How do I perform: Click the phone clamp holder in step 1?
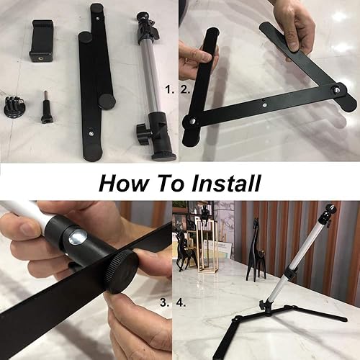point(42,40)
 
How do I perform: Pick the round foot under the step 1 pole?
point(163,153)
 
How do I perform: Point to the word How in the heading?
point(123,183)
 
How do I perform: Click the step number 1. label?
point(169,91)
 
